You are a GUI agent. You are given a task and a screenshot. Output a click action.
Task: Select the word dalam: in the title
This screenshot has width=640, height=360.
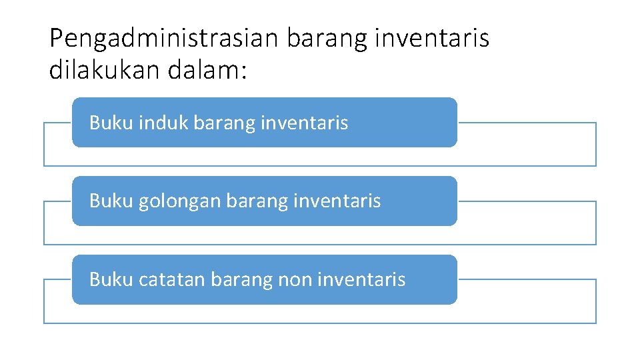(x=207, y=70)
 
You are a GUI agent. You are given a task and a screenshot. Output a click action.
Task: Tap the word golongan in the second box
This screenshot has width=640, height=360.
(x=179, y=201)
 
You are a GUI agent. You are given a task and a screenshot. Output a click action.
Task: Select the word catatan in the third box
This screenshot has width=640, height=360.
(x=171, y=279)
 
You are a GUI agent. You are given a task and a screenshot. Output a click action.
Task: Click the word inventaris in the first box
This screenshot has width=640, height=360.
(x=305, y=123)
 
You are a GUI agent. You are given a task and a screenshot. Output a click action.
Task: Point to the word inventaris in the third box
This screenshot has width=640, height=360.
(x=361, y=279)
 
